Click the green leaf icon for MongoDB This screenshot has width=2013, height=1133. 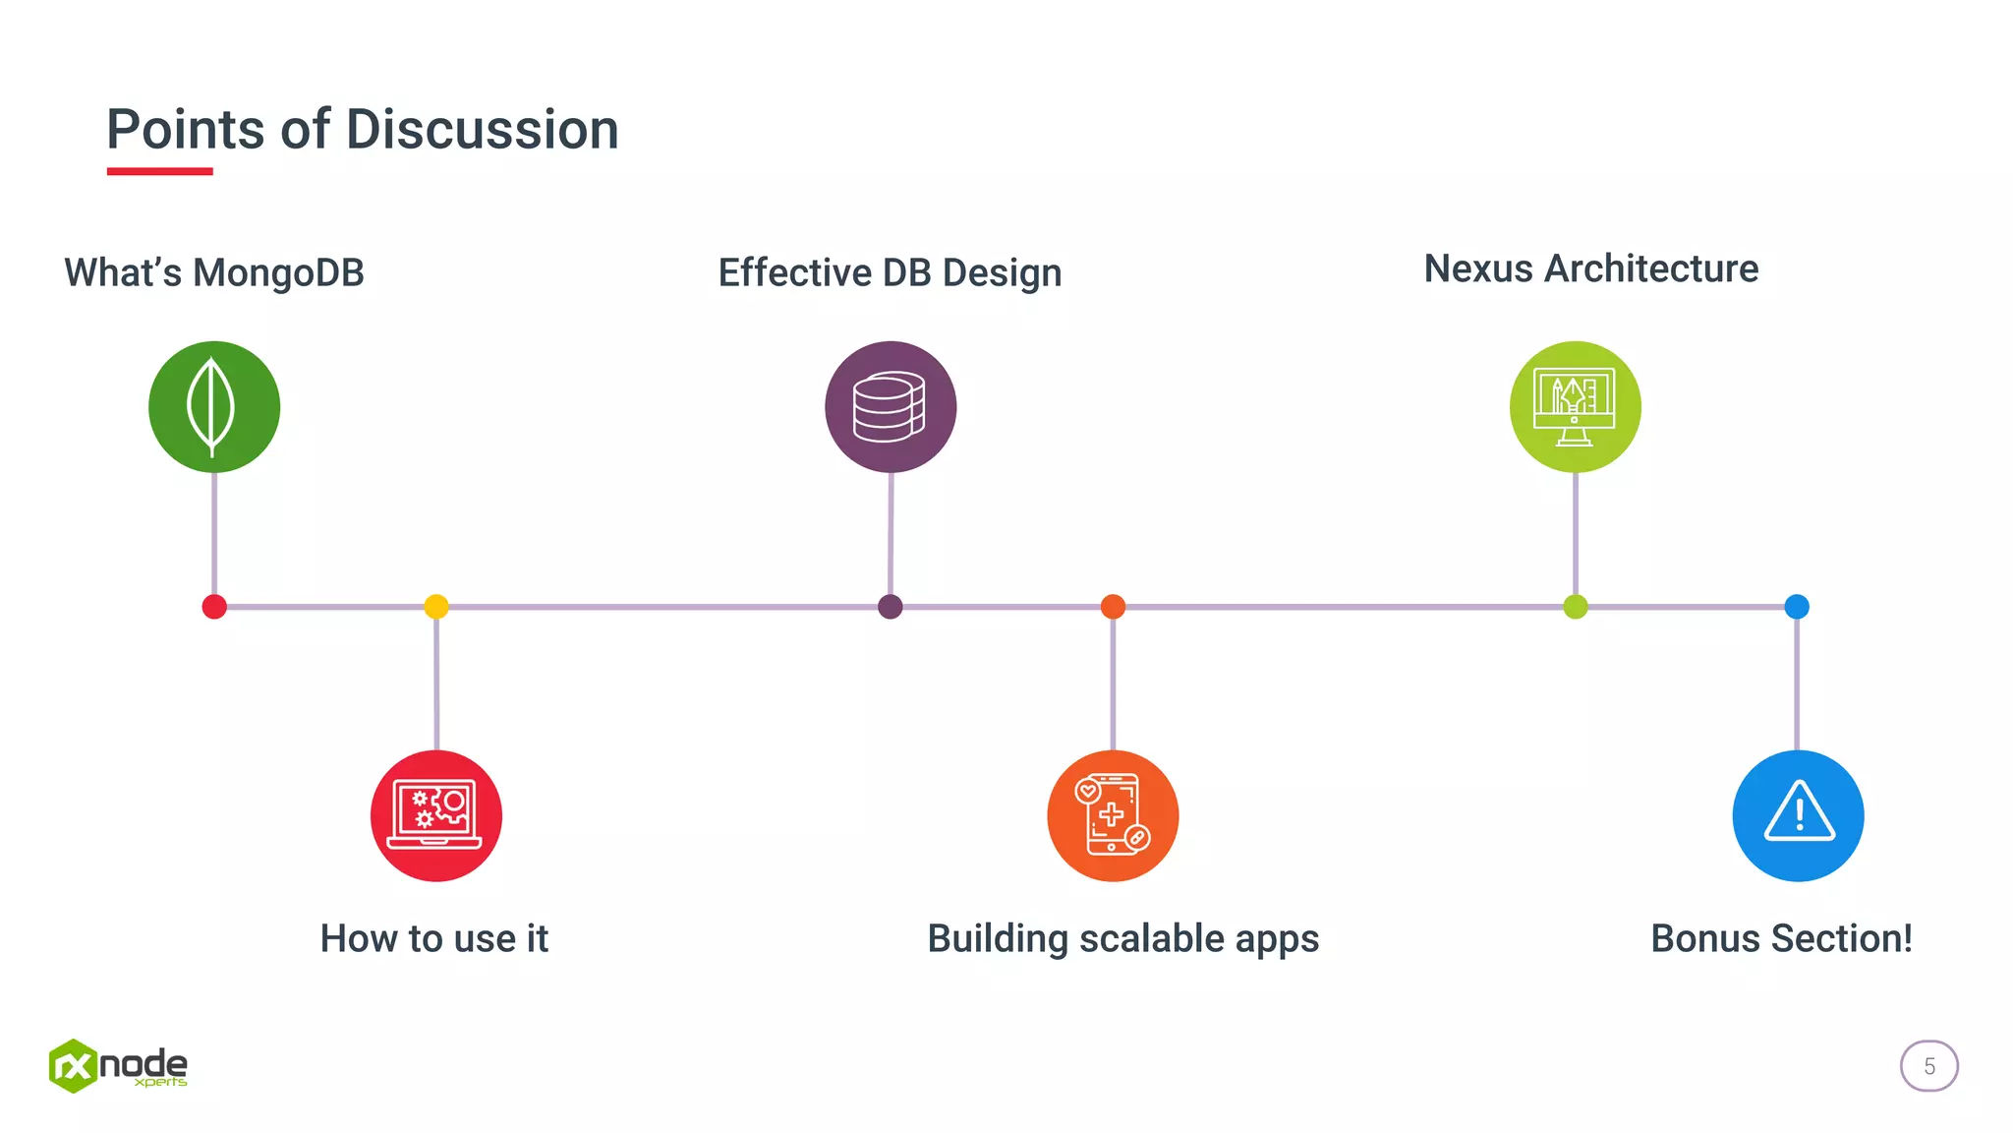[x=214, y=407]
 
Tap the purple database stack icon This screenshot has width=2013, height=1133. [x=891, y=407]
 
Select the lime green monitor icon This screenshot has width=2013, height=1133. [x=1575, y=407]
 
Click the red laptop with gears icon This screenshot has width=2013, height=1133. [x=436, y=816]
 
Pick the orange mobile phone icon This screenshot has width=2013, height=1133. [x=1113, y=816]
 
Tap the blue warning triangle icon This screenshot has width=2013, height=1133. [x=1798, y=816]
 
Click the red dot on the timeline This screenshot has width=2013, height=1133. [x=214, y=607]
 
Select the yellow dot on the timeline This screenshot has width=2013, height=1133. [x=436, y=607]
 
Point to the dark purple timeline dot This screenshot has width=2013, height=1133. [x=891, y=607]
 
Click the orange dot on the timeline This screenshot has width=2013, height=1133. [x=1113, y=607]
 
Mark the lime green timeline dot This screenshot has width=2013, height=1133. [x=1575, y=607]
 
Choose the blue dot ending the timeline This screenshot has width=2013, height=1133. [x=1797, y=607]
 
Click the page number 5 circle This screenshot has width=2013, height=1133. [x=1928, y=1066]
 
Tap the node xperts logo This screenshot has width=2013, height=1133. [x=118, y=1066]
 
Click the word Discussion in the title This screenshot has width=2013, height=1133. [x=482, y=130]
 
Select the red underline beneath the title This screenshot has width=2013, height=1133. [x=159, y=171]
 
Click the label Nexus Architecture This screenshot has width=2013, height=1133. [x=1590, y=268]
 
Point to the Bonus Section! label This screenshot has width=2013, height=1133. [x=1781, y=938]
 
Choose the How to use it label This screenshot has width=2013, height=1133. [x=433, y=938]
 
